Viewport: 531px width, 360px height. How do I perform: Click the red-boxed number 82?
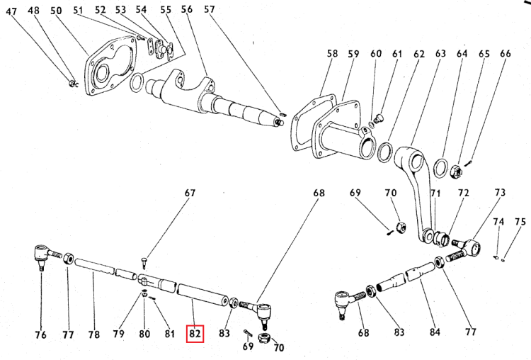195,334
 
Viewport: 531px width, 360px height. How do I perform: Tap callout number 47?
11,11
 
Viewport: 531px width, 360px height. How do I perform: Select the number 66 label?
505,53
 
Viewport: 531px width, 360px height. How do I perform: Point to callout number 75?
520,222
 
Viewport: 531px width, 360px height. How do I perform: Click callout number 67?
190,193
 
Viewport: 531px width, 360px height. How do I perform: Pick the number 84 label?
435,332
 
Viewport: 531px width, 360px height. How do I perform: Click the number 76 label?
40,334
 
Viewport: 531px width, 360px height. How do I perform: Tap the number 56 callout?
187,9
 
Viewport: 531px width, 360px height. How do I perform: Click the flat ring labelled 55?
137,82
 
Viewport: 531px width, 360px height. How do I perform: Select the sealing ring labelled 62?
385,152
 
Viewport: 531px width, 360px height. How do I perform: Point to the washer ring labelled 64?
441,167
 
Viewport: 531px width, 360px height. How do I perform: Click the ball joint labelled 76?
46,255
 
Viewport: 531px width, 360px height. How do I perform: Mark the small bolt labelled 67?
144,263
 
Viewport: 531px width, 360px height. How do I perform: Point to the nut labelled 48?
72,84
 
